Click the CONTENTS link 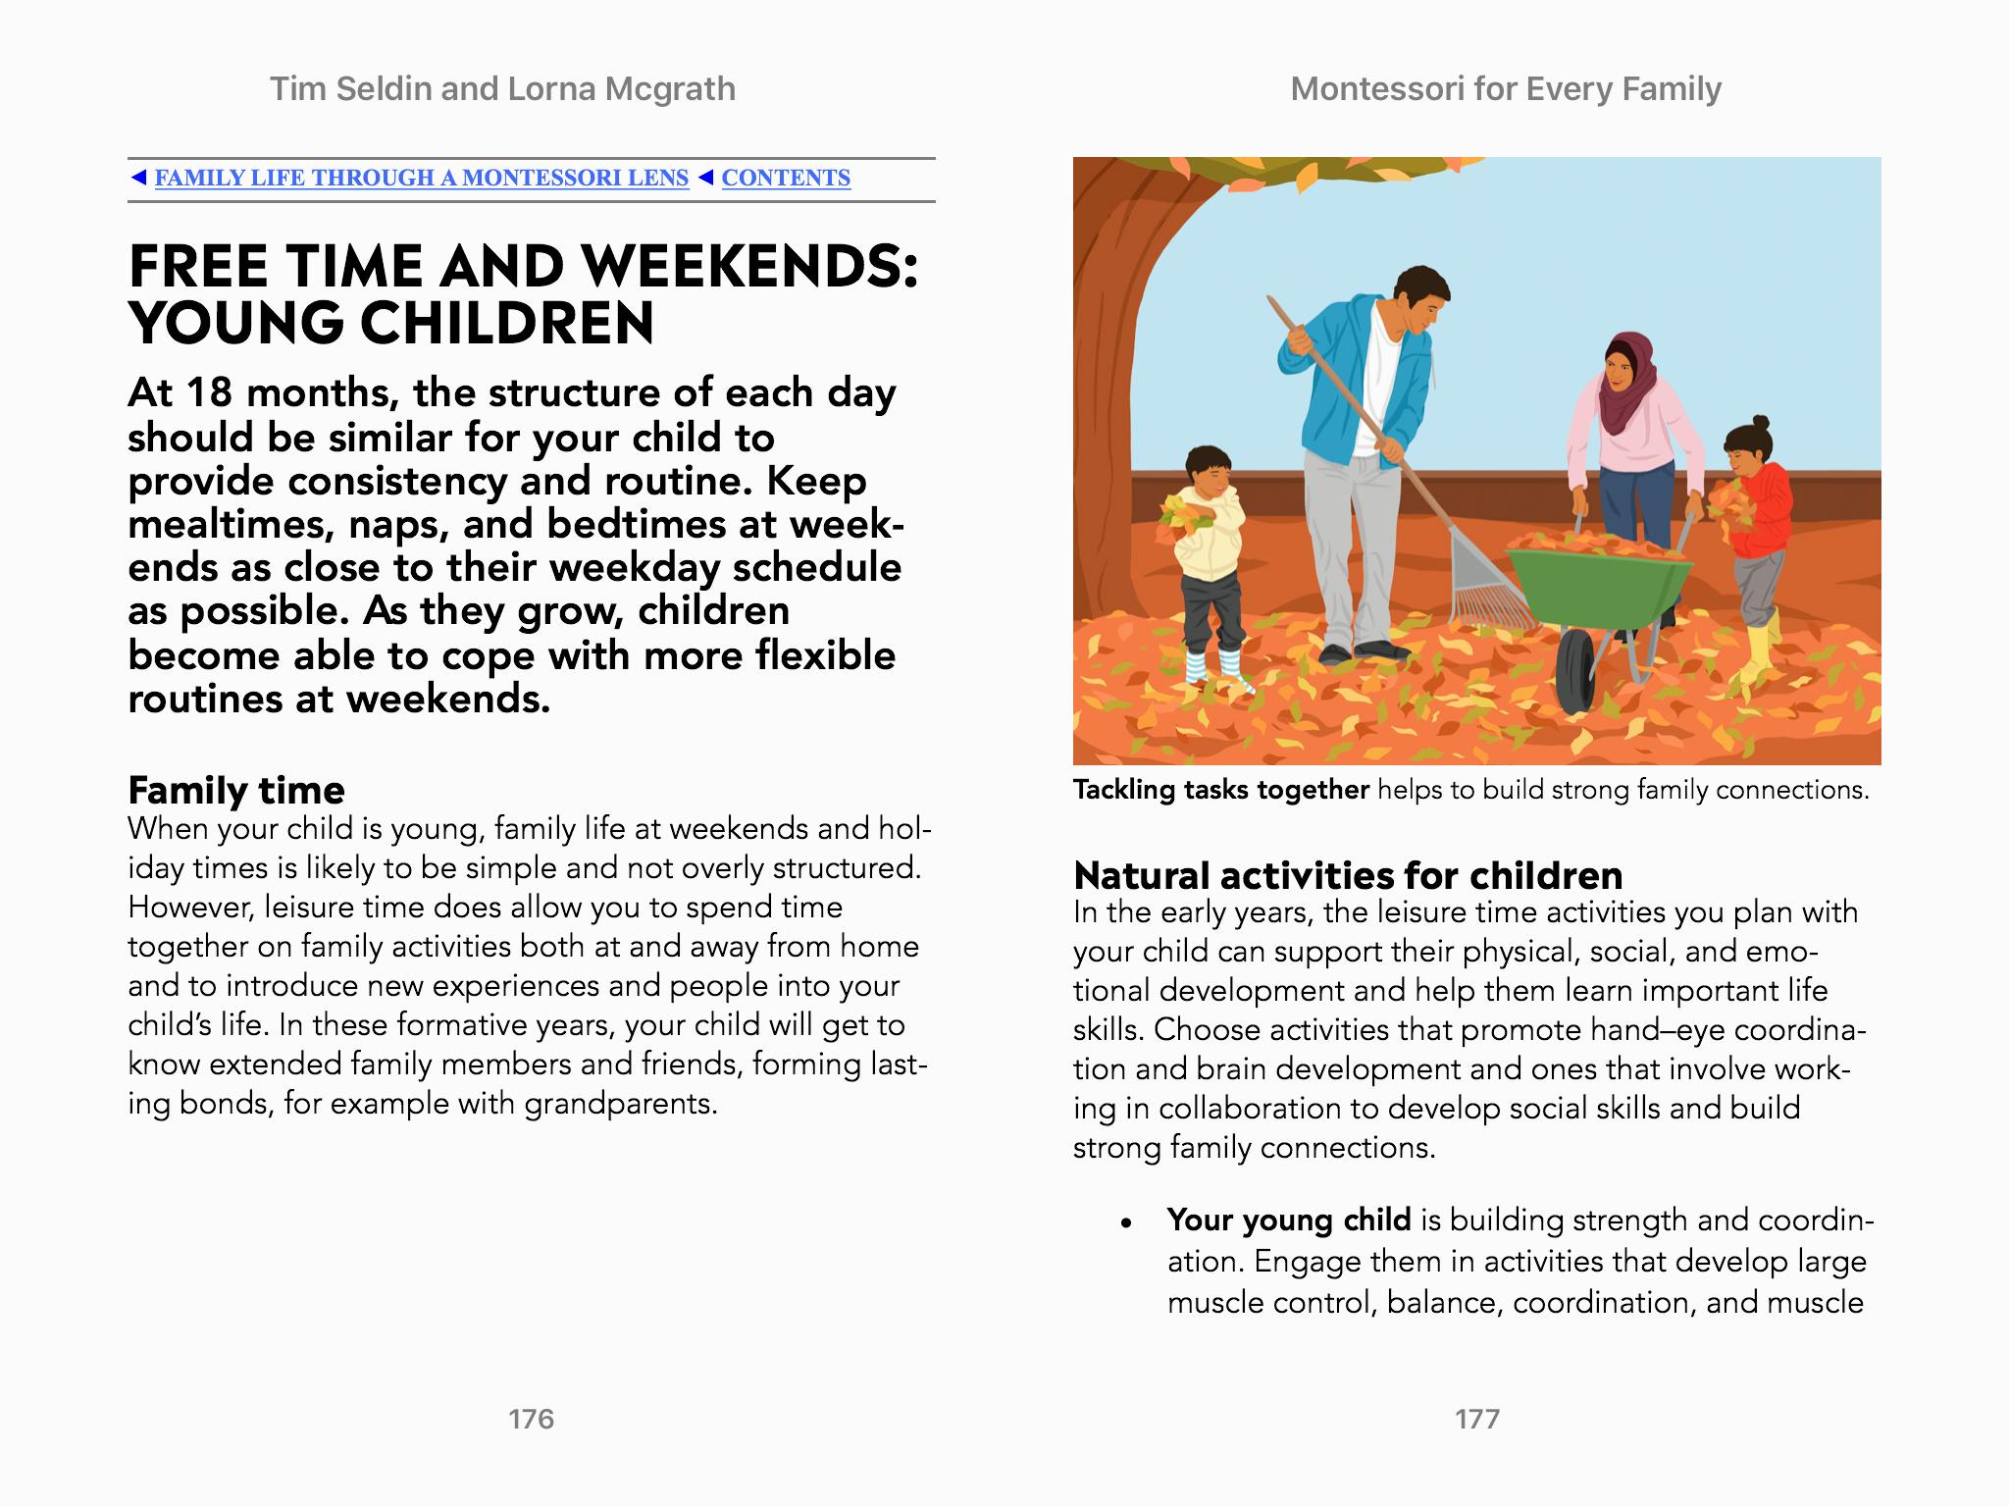(x=786, y=178)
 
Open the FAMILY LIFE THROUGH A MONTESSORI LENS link (x=421, y=178)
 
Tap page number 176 (x=531, y=1419)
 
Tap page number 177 (x=1477, y=1419)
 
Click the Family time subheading (x=236, y=790)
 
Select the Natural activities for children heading (x=1348, y=874)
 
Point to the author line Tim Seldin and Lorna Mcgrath (x=502, y=89)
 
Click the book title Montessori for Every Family (x=1506, y=89)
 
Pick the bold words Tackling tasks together (x=1220, y=790)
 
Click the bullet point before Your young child (x=1127, y=1222)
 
